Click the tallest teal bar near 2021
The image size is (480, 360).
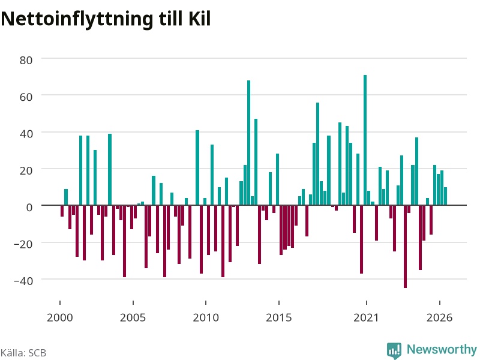click(365, 140)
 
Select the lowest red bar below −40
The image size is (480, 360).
click(406, 247)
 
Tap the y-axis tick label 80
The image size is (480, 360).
click(26, 61)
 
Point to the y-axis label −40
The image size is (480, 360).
click(23, 281)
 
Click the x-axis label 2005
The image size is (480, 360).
click(133, 317)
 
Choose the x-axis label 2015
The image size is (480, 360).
click(279, 317)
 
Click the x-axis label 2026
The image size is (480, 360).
click(440, 317)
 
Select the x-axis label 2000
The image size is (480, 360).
click(60, 317)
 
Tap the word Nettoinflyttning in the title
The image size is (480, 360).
click(77, 20)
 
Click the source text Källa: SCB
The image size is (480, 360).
click(23, 353)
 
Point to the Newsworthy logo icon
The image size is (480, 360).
click(394, 350)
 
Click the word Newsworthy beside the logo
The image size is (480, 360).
click(442, 349)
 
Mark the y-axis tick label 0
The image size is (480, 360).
click(29, 207)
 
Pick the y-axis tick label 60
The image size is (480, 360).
click(26, 97)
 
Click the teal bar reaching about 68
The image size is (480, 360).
click(248, 143)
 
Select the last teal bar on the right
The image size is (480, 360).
click(445, 196)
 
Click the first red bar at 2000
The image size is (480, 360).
click(62, 211)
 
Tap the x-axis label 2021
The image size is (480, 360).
click(366, 317)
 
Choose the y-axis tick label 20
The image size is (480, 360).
click(26, 170)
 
